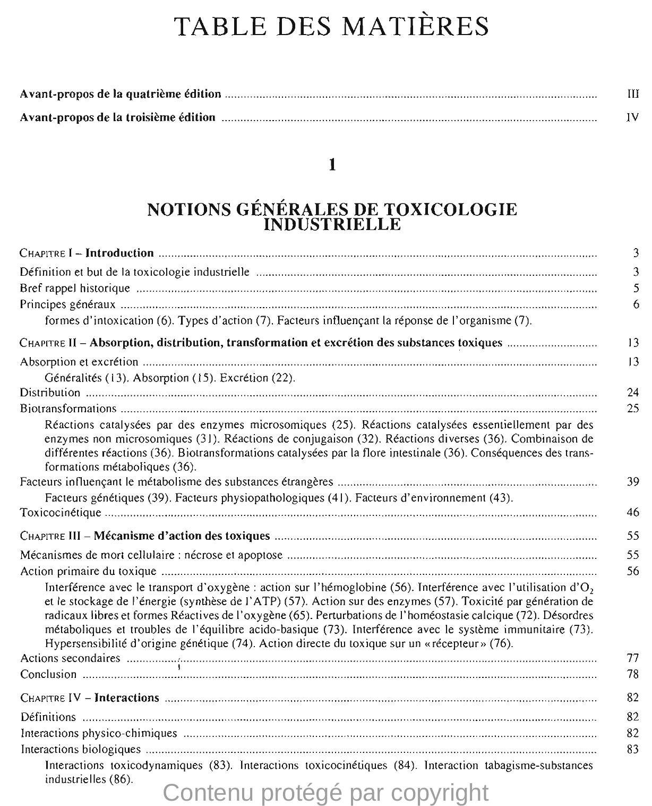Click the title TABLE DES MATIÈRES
point(332,26)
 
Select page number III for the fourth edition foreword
point(632,94)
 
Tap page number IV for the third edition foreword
point(632,117)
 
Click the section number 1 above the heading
point(332,165)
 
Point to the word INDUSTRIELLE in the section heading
point(332,225)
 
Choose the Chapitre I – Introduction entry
point(87,253)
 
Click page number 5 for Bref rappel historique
point(636,289)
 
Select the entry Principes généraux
point(67,305)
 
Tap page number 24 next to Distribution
point(632,393)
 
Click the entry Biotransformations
point(68,409)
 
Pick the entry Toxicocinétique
point(61,513)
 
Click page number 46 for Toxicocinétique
point(632,513)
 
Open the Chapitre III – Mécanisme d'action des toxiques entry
point(145,536)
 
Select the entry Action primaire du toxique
point(88,571)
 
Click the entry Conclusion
point(48,674)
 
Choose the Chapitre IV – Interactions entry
point(90,698)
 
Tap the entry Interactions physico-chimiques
point(99,733)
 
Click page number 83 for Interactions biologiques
point(632,749)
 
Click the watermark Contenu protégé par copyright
point(325,792)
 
